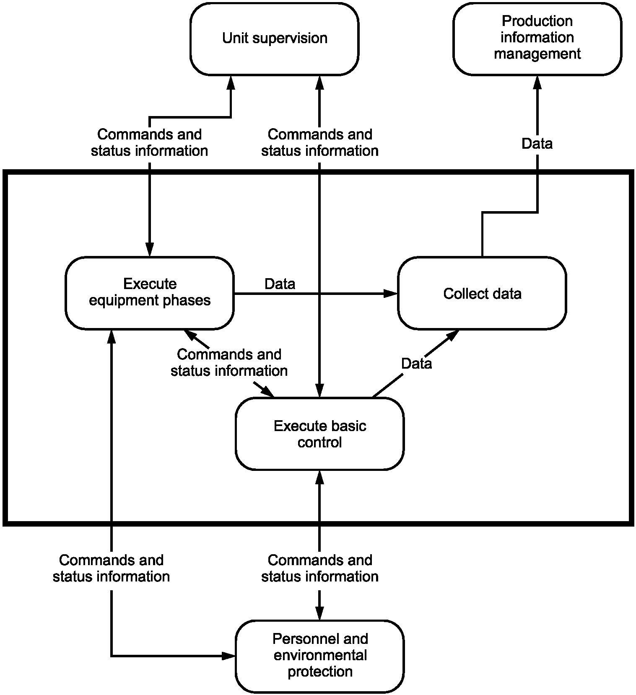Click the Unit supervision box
click(274, 39)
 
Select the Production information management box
click(537, 39)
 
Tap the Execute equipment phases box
click(150, 293)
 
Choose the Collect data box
click(482, 293)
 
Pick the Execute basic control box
click(319, 434)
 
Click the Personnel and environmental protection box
click(319, 656)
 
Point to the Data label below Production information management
click(537, 144)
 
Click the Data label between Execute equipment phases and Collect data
click(280, 284)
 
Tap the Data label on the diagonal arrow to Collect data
click(416, 363)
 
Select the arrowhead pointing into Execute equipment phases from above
click(150, 250)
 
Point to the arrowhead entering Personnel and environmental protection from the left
click(229, 656)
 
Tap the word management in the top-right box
click(537, 54)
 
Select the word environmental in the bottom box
click(320, 655)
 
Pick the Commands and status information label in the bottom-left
click(111, 568)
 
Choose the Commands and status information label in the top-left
click(149, 142)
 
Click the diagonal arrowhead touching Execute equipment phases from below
click(190, 334)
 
